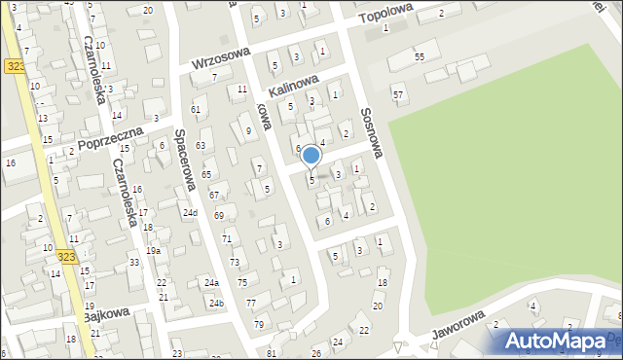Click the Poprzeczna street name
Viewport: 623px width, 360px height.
110,141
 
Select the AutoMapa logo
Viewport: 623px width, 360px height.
560,341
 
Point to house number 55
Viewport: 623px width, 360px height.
419,57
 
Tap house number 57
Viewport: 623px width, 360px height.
398,94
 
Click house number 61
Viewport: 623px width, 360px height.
196,109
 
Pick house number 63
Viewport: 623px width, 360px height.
201,145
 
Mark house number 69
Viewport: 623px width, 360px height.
219,215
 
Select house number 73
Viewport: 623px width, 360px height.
235,263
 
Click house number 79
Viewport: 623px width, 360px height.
258,324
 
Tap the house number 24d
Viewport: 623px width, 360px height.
190,213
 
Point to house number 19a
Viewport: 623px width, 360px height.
154,250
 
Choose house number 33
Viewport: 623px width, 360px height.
134,262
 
